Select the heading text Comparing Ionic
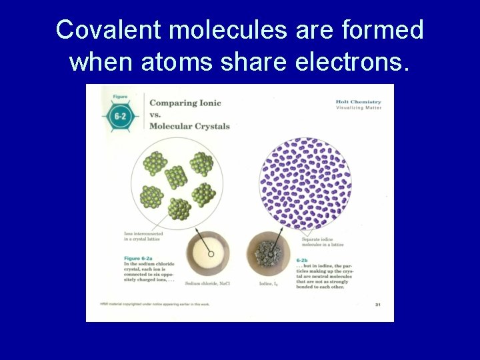(185, 103)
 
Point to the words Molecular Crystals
(189, 126)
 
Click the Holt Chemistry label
(358, 101)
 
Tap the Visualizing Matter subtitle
(359, 107)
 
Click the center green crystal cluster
(176, 177)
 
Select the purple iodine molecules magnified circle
(305, 183)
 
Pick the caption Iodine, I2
(269, 283)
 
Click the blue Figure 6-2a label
(141, 258)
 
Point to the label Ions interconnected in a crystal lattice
(144, 236)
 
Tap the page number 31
(378, 305)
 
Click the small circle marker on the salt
(211, 253)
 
